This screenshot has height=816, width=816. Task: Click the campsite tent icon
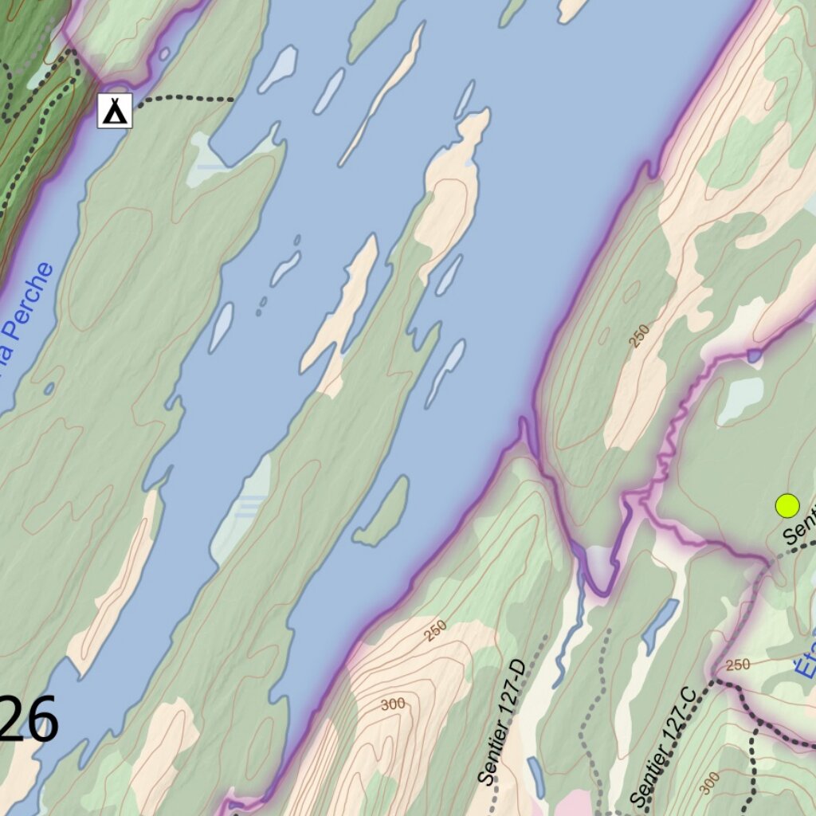click(x=115, y=111)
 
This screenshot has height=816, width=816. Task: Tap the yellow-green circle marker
click(x=787, y=505)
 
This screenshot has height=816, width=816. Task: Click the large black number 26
click(x=30, y=720)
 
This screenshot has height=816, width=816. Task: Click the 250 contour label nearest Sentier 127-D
click(x=435, y=630)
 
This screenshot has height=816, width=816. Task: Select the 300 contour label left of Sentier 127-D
click(x=392, y=704)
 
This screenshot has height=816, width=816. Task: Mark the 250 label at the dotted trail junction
click(x=738, y=665)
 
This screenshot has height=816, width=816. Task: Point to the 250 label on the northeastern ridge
click(x=638, y=335)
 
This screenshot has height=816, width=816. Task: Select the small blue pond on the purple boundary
click(x=754, y=355)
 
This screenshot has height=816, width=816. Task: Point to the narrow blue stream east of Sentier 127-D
click(x=571, y=630)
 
